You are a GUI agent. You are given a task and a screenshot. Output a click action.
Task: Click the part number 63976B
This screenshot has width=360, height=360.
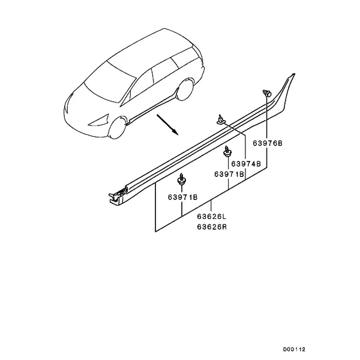(x=268, y=143)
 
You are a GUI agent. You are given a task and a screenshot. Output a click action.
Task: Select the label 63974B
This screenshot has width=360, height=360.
(x=246, y=164)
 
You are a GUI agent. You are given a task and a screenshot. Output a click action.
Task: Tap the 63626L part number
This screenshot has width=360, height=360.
(x=212, y=217)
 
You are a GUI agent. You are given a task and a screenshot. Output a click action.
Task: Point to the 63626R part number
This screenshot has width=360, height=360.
(x=212, y=227)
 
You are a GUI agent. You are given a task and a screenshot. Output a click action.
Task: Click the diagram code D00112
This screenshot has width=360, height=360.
(x=294, y=349)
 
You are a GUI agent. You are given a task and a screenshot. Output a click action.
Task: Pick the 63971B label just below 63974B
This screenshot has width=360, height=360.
(x=229, y=174)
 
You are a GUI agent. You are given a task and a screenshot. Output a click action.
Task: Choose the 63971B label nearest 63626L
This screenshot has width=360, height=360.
(x=182, y=197)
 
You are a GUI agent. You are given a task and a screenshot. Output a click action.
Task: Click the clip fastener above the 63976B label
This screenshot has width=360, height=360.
(x=267, y=93)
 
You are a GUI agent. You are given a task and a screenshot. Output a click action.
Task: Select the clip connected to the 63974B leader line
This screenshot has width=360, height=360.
(x=221, y=120)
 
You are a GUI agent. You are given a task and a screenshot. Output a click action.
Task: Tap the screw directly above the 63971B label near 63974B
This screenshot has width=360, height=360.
(x=227, y=151)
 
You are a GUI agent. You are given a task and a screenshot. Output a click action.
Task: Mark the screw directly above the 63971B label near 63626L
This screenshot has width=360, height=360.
(x=182, y=179)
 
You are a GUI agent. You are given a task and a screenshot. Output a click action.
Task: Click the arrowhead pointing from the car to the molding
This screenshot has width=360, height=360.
(x=175, y=133)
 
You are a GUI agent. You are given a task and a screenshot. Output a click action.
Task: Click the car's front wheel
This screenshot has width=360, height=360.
(x=118, y=128)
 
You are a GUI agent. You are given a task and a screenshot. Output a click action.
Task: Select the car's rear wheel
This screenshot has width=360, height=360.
(x=185, y=90)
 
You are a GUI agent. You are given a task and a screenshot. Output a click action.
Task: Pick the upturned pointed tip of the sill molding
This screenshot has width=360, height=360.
(x=293, y=75)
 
